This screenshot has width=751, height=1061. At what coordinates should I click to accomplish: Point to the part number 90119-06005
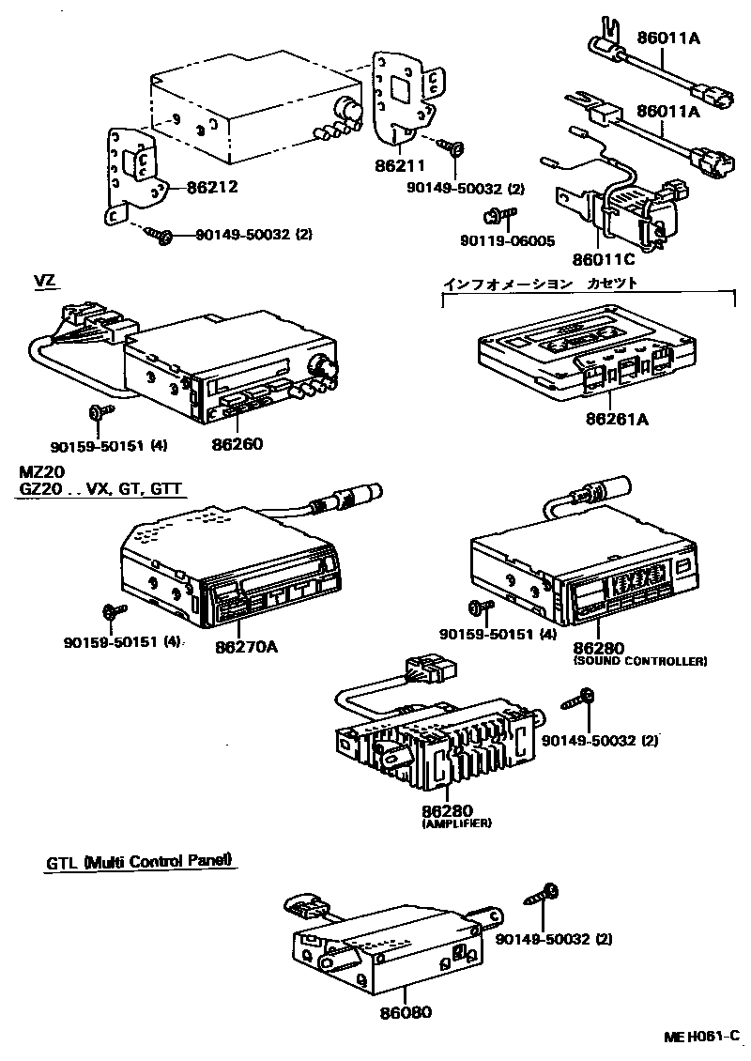(x=507, y=240)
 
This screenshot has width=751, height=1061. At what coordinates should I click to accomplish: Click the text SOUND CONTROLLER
(x=639, y=661)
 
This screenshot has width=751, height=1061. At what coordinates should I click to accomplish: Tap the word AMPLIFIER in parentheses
(x=458, y=823)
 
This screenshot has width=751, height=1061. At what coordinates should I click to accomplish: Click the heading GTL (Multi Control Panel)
(x=139, y=861)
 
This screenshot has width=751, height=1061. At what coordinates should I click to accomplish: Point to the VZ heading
(x=45, y=281)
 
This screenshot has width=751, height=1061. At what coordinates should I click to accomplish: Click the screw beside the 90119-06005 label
(x=498, y=217)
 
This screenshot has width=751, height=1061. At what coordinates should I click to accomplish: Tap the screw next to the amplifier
(x=577, y=700)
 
